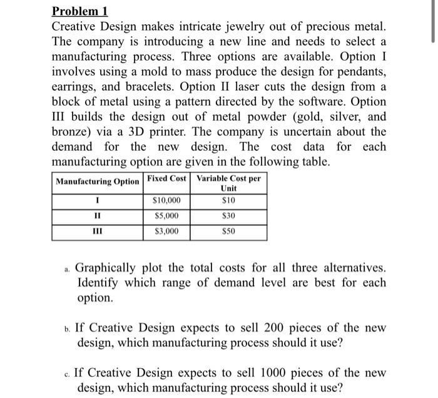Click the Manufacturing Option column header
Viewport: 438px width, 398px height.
(x=98, y=181)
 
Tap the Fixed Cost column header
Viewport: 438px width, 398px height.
(x=166, y=178)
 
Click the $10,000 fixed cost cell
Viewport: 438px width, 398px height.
(x=166, y=200)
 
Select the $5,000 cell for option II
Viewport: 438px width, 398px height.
(x=166, y=216)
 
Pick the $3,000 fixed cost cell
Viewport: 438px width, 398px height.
(x=166, y=232)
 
